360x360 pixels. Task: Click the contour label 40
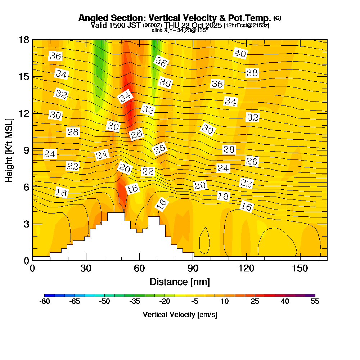coord(240,53)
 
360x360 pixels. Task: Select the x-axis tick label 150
coord(300,269)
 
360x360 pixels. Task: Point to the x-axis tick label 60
coord(139,269)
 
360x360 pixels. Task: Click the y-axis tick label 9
coord(26,150)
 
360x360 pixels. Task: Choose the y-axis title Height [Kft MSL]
coord(9,149)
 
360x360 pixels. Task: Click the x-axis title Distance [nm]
coord(180,282)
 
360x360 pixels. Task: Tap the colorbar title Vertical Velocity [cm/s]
coord(180,315)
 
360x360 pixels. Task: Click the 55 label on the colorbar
coord(315,301)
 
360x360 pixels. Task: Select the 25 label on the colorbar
coord(255,301)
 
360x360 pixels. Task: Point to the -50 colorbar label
coord(104,301)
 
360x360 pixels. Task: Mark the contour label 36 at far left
coord(55,56)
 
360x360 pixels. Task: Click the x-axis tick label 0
coord(32,269)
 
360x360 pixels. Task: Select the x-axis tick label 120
coord(246,269)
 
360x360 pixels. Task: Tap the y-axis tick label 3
coord(26,224)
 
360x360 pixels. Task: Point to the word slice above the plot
coord(157,31)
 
